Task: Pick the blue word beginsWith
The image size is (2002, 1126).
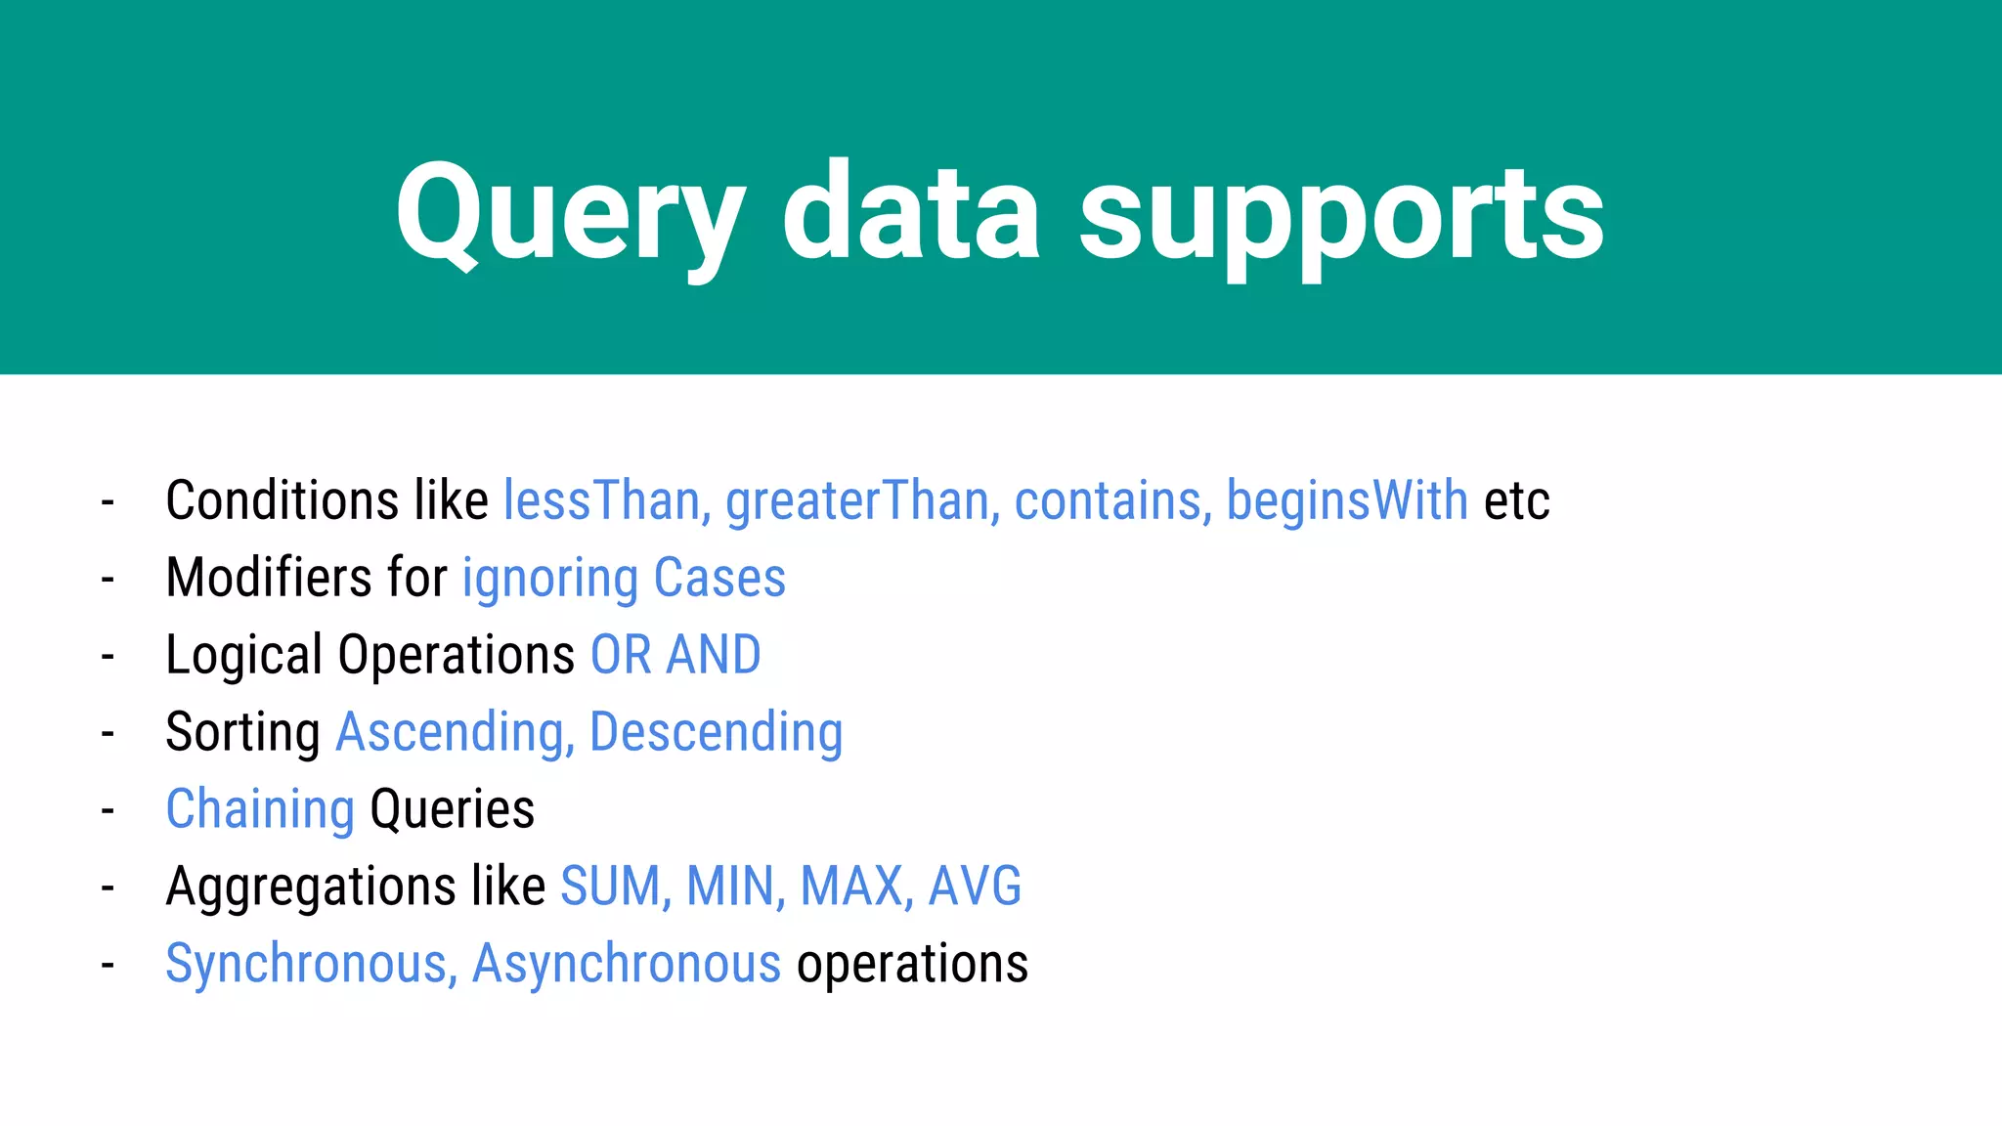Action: pos(1347,500)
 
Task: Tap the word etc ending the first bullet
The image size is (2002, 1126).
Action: pos(1517,502)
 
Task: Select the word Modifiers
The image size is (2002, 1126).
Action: pos(269,577)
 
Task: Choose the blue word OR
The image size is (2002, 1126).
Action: pos(621,655)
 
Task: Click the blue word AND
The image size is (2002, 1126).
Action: pos(714,655)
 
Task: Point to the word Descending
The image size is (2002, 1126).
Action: pos(717,732)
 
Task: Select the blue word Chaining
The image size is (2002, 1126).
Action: pos(260,809)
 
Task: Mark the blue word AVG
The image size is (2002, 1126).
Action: pos(975,887)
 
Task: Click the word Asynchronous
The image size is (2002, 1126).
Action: pos(627,964)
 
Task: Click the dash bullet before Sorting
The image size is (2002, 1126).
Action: pos(108,733)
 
